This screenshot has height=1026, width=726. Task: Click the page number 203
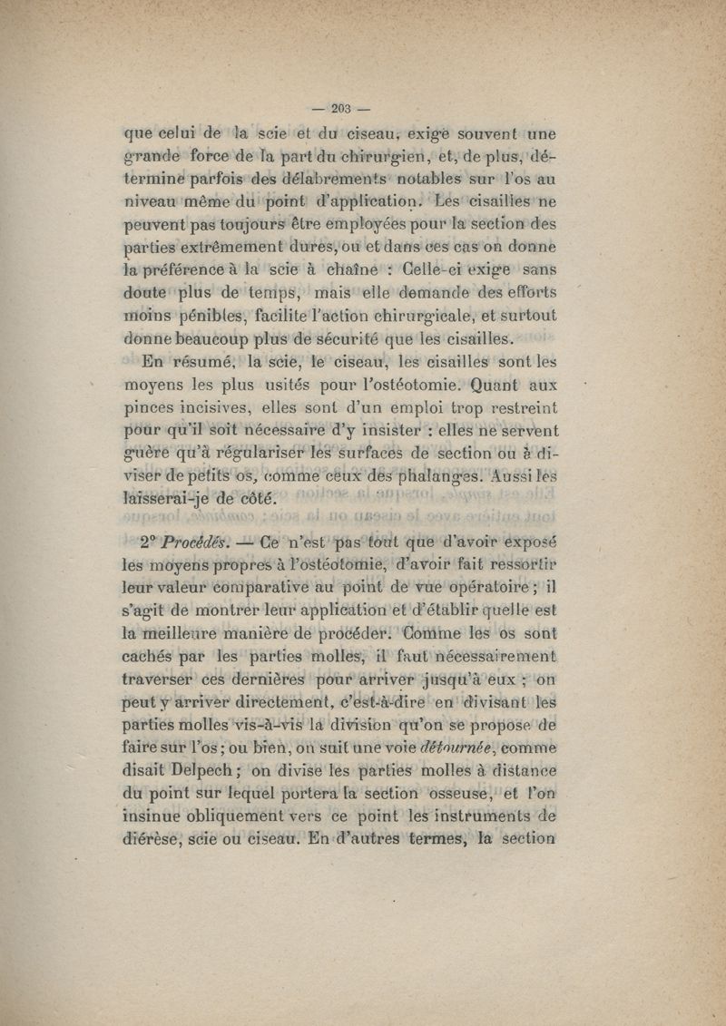(341, 109)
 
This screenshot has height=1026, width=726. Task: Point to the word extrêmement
(229, 246)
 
